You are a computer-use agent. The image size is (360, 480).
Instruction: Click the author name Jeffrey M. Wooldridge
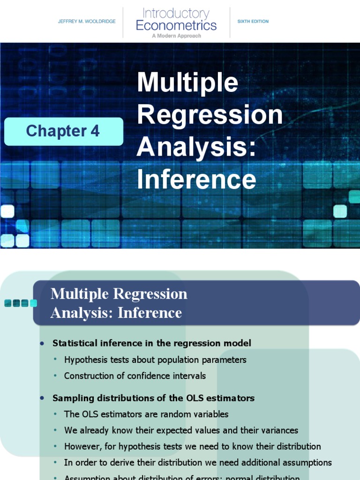[x=87, y=22]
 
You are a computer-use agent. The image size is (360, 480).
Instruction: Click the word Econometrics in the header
[x=176, y=25]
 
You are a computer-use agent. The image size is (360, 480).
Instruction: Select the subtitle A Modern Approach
[x=176, y=36]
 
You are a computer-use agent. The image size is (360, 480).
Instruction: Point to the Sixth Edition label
[x=253, y=22]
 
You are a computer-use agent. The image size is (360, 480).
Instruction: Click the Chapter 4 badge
[x=63, y=131]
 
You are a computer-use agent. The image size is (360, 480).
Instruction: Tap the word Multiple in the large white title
[x=187, y=83]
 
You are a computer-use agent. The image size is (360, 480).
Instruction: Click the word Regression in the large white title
[x=210, y=115]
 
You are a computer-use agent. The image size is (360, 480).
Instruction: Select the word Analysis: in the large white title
[x=197, y=148]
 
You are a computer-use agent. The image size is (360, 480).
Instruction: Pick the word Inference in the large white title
[x=196, y=180]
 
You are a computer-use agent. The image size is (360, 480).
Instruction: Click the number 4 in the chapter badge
[x=95, y=131]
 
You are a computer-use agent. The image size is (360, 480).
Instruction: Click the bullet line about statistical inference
[x=151, y=343]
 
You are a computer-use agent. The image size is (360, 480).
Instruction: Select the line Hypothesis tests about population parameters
[x=155, y=360]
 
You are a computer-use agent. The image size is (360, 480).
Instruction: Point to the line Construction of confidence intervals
[x=135, y=376]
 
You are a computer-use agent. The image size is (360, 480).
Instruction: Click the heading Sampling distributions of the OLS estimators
[x=153, y=398]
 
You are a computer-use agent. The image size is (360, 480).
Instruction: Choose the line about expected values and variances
[x=181, y=430]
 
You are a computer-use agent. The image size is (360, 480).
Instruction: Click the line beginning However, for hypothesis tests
[x=192, y=446]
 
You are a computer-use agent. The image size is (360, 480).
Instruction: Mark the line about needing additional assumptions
[x=198, y=463]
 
